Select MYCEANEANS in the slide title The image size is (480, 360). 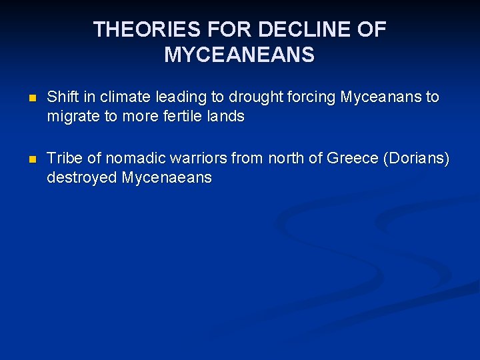(x=239, y=55)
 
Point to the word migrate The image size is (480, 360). (x=71, y=117)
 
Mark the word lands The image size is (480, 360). (x=227, y=116)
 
